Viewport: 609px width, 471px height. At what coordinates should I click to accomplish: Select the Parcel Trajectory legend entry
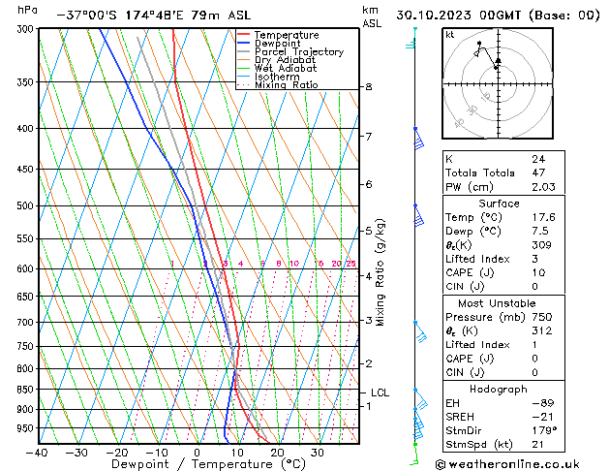point(298,52)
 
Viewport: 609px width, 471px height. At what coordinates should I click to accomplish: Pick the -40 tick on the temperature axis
point(38,453)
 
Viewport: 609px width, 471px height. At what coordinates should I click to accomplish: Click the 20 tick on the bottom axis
point(277,453)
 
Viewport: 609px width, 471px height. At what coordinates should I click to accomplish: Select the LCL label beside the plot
point(380,392)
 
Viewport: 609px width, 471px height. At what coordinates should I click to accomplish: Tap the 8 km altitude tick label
point(368,87)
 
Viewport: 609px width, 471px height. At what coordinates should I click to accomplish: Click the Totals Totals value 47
point(538,172)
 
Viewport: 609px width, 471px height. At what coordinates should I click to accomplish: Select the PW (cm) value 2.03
point(542,187)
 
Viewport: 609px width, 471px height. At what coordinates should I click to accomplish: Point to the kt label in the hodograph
point(449,34)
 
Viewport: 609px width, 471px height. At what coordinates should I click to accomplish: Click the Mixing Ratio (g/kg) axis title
point(381,272)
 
